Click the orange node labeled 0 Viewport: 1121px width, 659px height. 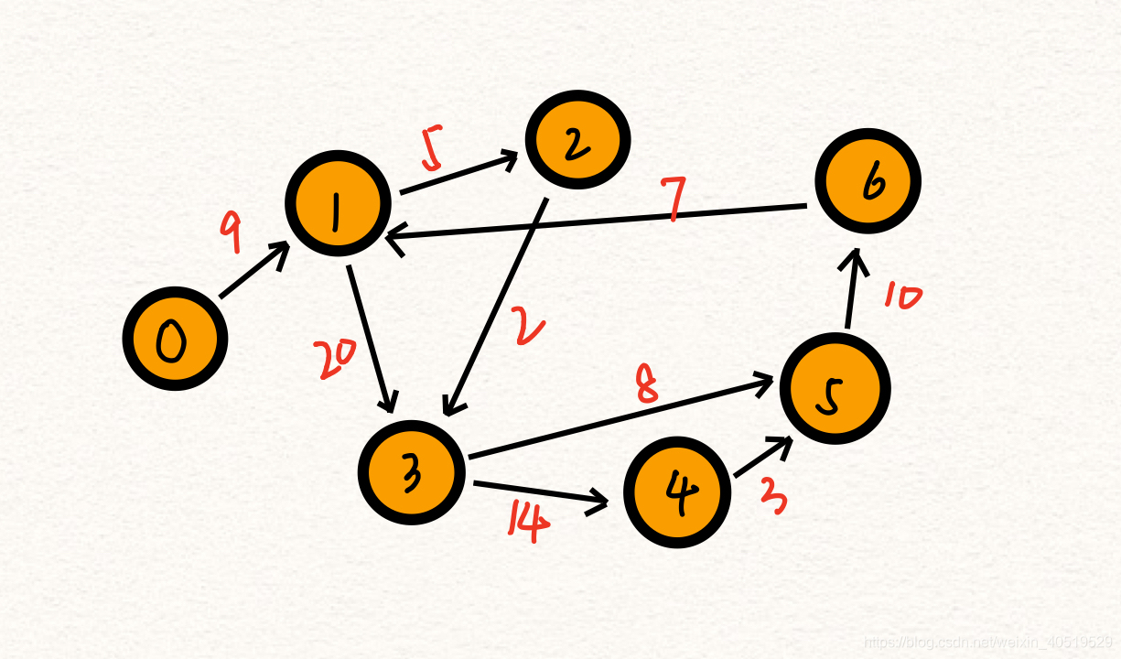[174, 339]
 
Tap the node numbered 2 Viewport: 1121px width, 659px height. [577, 140]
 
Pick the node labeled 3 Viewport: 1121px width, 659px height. [411, 471]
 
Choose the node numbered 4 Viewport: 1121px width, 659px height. [677, 492]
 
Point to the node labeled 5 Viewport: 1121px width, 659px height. [835, 387]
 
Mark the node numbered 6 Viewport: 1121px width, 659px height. [868, 181]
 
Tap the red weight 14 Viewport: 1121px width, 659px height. [529, 522]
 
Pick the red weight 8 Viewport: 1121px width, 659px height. [647, 384]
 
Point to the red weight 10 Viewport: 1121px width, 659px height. [903, 297]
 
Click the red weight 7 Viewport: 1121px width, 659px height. [674, 200]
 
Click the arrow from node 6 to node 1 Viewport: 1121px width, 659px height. [595, 221]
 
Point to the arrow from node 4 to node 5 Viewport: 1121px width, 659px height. [762, 458]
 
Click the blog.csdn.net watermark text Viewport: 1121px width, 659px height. [987, 643]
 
